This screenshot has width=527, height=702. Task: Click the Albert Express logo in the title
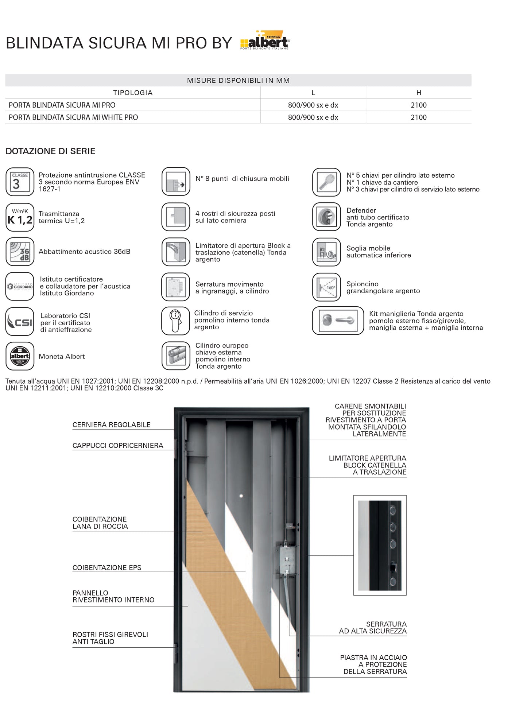coord(265,40)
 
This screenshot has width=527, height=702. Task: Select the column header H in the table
coord(418,93)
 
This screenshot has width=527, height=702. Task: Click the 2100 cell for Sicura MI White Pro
coord(418,117)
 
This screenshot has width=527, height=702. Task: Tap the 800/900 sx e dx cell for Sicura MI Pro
coord(313,105)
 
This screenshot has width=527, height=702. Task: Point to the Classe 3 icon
coord(20,182)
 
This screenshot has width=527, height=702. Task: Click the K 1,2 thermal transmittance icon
coord(20,217)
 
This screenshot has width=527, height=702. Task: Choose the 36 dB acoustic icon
coord(20,252)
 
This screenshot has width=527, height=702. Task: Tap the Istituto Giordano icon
coord(20,286)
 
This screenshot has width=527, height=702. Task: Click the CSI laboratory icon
coord(20,322)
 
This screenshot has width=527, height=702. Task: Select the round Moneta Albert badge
coord(20,356)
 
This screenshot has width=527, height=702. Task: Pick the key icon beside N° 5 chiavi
coord(326,182)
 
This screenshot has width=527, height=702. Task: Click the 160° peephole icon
coord(326,287)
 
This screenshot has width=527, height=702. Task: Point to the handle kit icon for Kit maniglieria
coord(338,321)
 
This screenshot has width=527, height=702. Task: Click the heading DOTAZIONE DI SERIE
coord(50,151)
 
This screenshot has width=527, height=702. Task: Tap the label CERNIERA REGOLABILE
coord(111,425)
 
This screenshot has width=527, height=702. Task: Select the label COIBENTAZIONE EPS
coord(107,567)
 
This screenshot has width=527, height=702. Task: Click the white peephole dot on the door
coord(241,496)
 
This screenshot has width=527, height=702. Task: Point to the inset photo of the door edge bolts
coord(380,545)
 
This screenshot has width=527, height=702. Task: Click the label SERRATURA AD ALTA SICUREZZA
coord(373,628)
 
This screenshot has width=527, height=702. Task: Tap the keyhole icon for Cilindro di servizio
coord(175,321)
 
